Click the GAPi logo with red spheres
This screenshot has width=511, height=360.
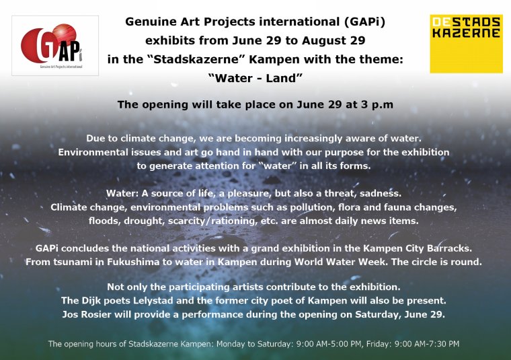pyautogui.click(x=55, y=46)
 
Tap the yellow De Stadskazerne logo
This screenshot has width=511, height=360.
pyautogui.click(x=466, y=44)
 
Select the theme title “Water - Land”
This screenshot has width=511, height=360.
pyautogui.click(x=255, y=78)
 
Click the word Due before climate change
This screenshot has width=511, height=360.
pyautogui.click(x=94, y=138)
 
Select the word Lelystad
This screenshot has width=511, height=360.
pyautogui.click(x=153, y=300)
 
